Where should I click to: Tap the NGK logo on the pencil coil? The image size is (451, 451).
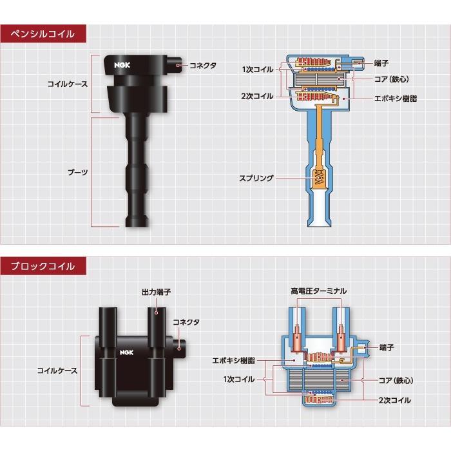[121, 64]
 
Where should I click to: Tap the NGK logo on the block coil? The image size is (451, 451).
[124, 352]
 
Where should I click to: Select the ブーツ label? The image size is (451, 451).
[79, 173]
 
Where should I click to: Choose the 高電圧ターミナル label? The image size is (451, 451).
[318, 292]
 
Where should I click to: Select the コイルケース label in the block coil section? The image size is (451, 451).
[58, 370]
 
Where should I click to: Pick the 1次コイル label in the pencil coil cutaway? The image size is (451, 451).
[258, 69]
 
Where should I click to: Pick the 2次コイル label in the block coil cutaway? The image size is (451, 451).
[394, 400]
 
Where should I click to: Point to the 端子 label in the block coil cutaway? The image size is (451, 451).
[387, 347]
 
